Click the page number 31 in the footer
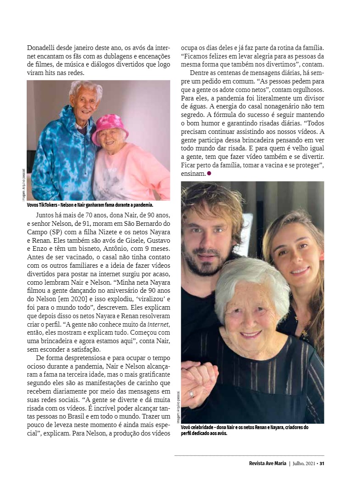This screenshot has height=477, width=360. point(322,463)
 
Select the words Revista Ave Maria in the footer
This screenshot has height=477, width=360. point(268,463)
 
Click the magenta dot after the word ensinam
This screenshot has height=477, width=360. point(209,173)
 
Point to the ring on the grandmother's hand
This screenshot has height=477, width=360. point(191,393)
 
